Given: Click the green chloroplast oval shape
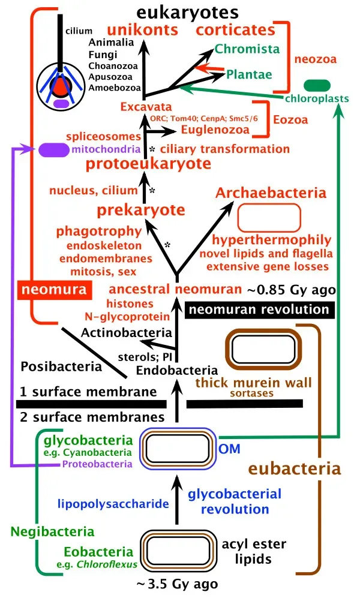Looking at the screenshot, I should (x=317, y=85).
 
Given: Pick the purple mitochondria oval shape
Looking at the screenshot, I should (x=53, y=149).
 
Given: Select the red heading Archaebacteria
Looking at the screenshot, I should (x=271, y=193).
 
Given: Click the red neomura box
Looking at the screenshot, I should (x=50, y=291).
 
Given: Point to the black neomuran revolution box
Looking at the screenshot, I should (x=259, y=309).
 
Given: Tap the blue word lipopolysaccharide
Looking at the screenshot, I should (x=113, y=504).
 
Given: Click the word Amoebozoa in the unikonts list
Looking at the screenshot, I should (x=115, y=88).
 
